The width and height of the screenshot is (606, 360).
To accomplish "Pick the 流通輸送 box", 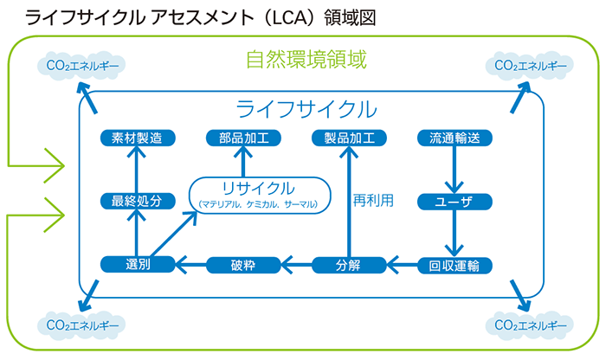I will [x=455, y=138].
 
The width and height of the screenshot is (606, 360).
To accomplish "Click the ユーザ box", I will [x=455, y=201].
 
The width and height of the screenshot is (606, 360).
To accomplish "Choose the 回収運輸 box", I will [x=455, y=265].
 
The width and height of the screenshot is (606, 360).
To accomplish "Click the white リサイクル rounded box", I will [x=259, y=194].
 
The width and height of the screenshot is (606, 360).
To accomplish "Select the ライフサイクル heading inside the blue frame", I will [x=306, y=109].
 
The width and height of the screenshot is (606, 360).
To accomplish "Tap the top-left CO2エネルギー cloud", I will [x=81, y=65].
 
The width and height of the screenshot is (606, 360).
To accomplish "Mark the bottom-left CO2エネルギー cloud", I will [x=81, y=326].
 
